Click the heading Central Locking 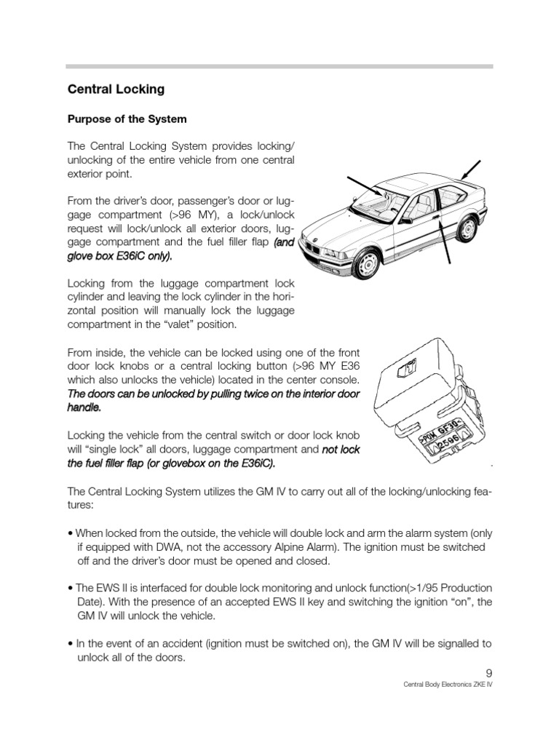click(x=116, y=89)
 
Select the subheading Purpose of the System click(x=127, y=119)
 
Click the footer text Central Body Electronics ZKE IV click(x=448, y=686)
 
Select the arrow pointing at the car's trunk click(x=469, y=168)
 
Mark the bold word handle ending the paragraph click(x=83, y=408)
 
